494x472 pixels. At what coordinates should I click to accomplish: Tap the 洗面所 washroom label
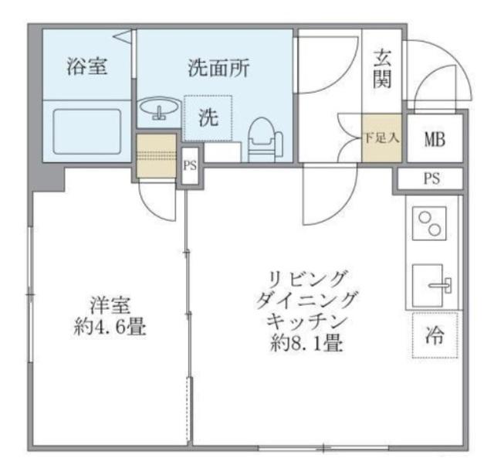pos(218,68)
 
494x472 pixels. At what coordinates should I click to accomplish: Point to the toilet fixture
pos(265,139)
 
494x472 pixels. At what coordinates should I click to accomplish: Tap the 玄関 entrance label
pos(382,68)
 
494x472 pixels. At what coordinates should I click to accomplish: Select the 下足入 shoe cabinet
pos(381,140)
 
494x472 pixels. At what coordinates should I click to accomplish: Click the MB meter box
pos(435,139)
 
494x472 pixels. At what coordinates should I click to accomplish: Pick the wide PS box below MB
pos(431,179)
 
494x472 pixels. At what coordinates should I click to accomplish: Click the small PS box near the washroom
pos(190,165)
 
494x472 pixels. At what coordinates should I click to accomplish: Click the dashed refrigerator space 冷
pos(435,334)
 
